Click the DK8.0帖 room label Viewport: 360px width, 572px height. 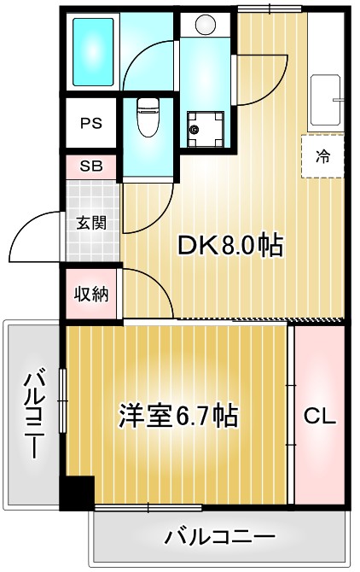pyautogui.click(x=229, y=246)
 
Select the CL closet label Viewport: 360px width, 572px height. pyautogui.click(x=320, y=417)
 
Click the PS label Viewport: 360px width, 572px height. pyautogui.click(x=91, y=122)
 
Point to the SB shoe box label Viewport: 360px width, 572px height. pyautogui.click(x=91, y=166)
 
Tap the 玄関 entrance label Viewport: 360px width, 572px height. pyautogui.click(x=91, y=224)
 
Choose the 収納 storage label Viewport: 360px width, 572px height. pyautogui.click(x=91, y=295)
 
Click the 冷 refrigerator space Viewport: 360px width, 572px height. pyautogui.click(x=323, y=155)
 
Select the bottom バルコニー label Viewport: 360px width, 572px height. pyautogui.click(x=220, y=538)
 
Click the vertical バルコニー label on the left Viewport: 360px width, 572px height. pyautogui.click(x=34, y=414)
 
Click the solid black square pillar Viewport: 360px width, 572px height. pyautogui.click(x=77, y=493)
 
